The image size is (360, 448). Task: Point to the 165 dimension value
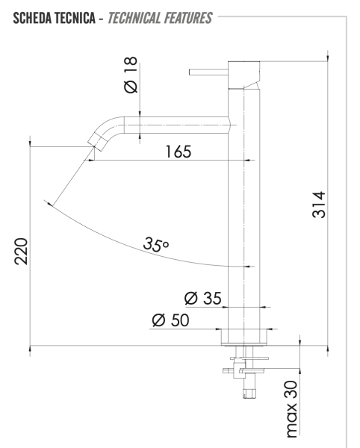click(x=176, y=152)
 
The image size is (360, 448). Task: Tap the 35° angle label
click(x=157, y=244)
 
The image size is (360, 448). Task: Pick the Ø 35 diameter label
click(x=202, y=299)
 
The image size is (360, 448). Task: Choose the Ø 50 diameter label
click(x=170, y=321)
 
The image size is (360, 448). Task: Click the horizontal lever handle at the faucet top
click(x=209, y=72)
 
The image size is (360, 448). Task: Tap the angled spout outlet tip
click(x=96, y=141)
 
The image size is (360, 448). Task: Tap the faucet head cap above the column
click(x=243, y=73)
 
